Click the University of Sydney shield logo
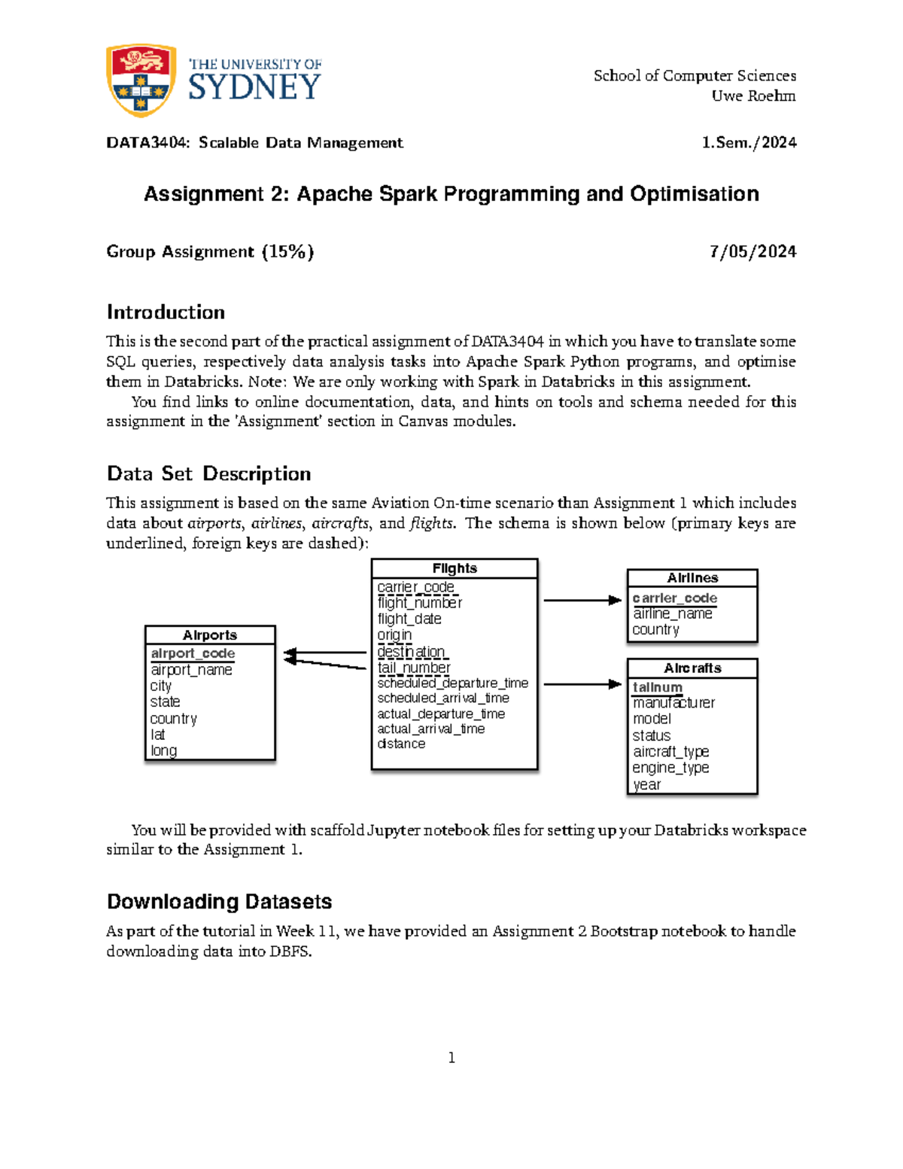[141, 80]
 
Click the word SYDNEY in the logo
[254, 87]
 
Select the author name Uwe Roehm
[753, 96]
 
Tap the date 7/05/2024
[752, 251]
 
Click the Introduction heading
[166, 312]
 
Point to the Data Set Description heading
[208, 473]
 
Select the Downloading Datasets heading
[219, 901]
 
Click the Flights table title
[455, 568]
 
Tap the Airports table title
[210, 635]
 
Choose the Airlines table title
[692, 578]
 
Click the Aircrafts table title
[692, 668]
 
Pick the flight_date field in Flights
[409, 619]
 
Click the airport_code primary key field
[193, 653]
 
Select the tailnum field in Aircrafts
[657, 686]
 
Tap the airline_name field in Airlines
[672, 613]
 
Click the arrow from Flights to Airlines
[582, 600]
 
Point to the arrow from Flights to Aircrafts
[582, 684]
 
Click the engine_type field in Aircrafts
[670, 768]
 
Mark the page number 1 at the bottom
[451, 1058]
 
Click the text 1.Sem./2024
[749, 142]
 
